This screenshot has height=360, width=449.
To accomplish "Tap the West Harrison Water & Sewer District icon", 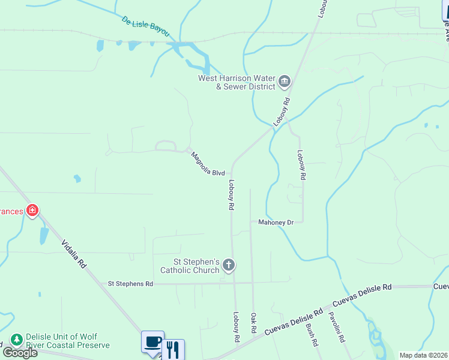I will pyautogui.click(x=285, y=80).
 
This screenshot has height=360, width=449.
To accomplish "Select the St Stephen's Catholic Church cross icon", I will pyautogui.click(x=228, y=265).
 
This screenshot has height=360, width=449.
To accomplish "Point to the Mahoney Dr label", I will pyautogui.click(x=276, y=222).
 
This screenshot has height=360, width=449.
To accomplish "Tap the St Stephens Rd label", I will pyautogui.click(x=130, y=283).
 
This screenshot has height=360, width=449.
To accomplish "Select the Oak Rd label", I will pyautogui.click(x=254, y=323).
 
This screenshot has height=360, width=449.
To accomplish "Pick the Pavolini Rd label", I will pyautogui.click(x=336, y=328).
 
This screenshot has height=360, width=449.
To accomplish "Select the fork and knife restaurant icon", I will pyautogui.click(x=173, y=349).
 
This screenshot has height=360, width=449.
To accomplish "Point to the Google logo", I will pyautogui.click(x=20, y=353).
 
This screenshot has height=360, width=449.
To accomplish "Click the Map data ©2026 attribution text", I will pyautogui.click(x=423, y=355).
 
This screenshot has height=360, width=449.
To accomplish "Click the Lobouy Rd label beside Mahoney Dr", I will pyautogui.click(x=301, y=166).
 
